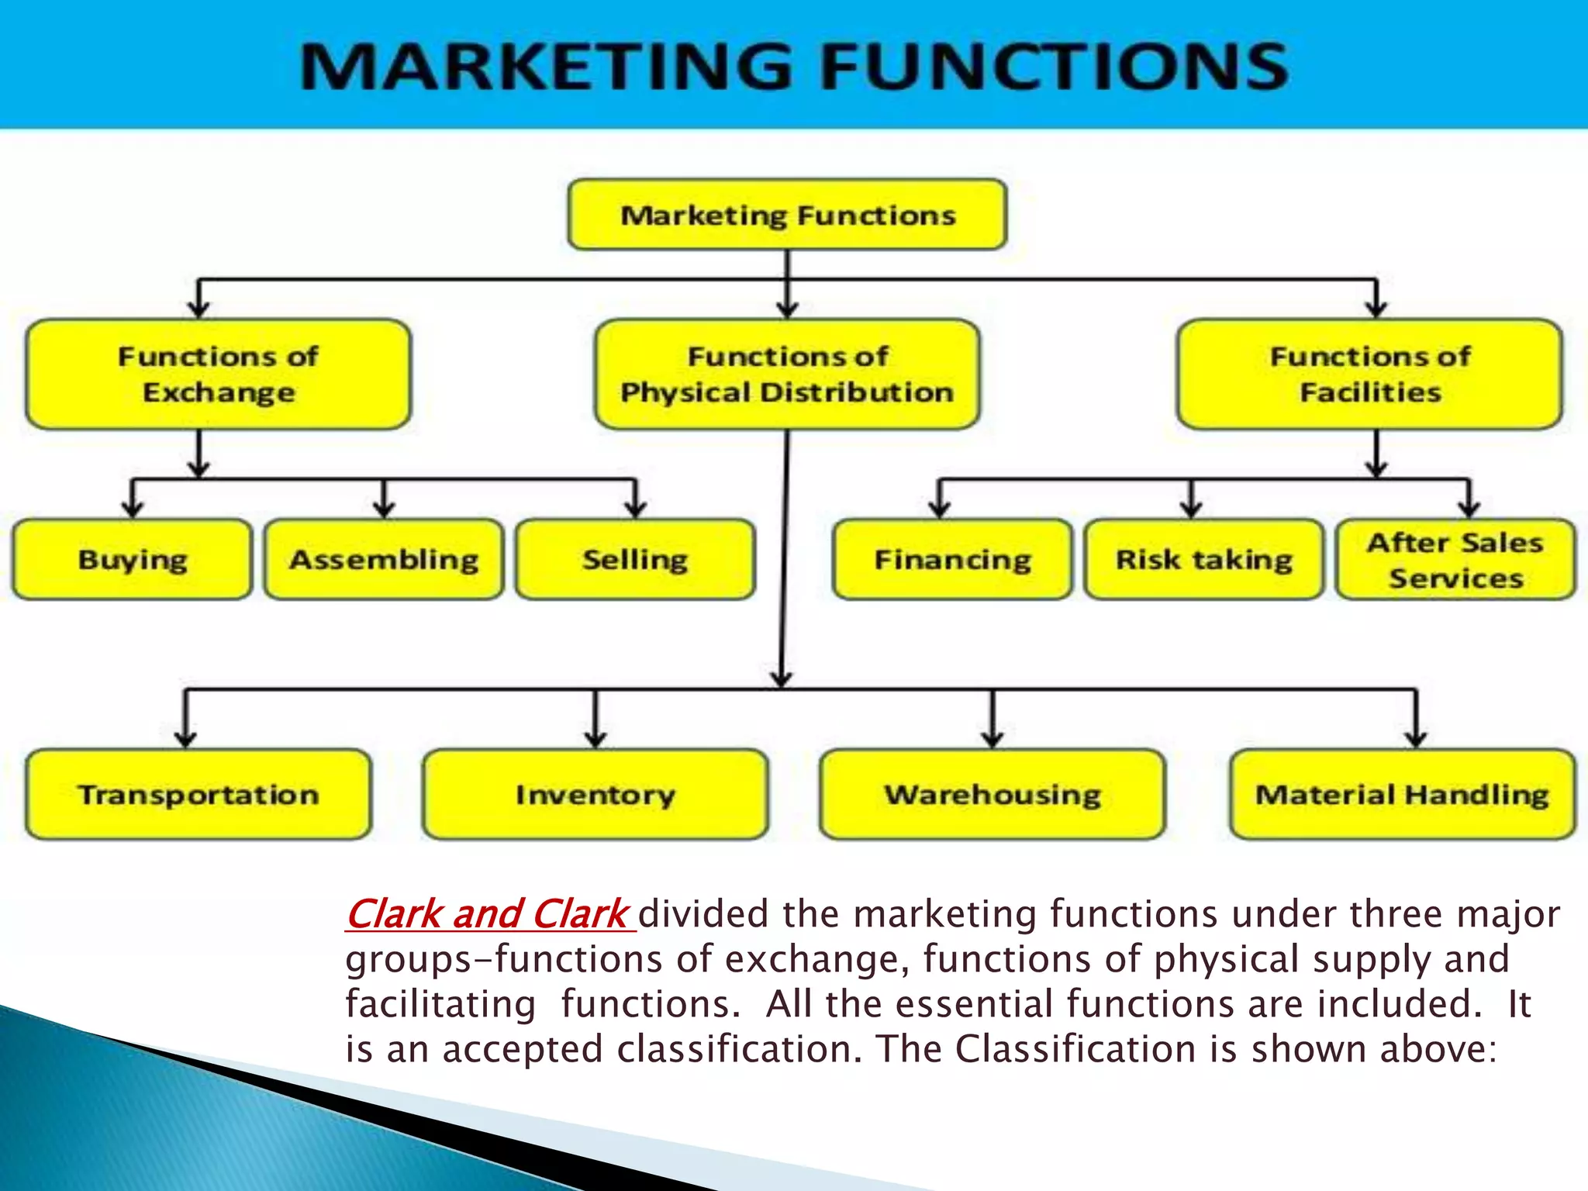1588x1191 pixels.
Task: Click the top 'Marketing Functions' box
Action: point(787,215)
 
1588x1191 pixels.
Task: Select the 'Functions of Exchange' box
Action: point(218,375)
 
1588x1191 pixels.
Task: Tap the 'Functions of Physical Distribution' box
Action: point(787,375)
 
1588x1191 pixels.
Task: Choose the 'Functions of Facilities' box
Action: point(1369,375)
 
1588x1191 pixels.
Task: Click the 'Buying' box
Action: point(133,559)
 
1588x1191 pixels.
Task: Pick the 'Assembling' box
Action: point(384,559)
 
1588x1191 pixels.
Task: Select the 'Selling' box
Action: point(635,559)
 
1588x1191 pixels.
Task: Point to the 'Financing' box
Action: point(953,559)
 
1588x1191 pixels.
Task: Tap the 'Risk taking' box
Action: point(1204,559)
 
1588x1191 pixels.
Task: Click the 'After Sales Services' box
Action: point(1455,559)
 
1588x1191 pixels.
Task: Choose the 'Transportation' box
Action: point(198,794)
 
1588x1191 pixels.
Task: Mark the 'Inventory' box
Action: point(595,794)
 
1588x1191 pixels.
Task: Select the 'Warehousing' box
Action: point(992,794)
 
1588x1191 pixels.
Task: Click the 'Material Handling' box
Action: point(1403,794)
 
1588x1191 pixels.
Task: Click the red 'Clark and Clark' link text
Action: point(488,913)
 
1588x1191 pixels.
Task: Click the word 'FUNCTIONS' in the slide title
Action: point(1055,67)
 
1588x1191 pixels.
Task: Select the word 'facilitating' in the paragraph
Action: point(440,1004)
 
